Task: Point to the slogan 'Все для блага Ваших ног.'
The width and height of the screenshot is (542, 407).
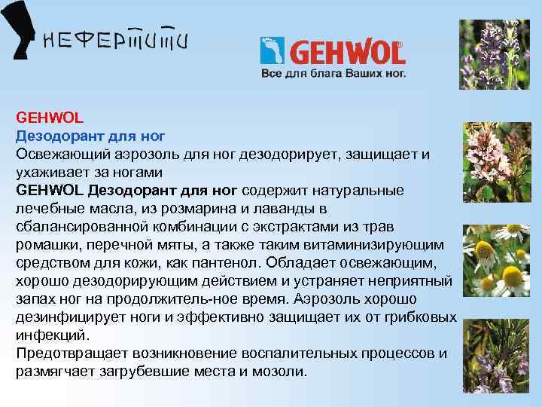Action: tap(333, 75)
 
